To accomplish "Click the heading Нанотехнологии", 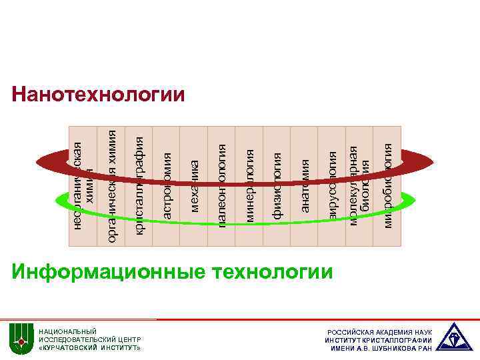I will [98, 95].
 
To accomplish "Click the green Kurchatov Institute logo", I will [21, 340].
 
